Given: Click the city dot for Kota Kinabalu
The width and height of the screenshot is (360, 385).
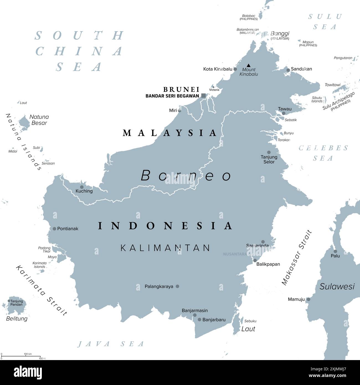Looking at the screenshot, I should coord(235,69).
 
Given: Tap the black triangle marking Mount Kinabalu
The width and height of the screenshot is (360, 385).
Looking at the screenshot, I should coord(249,65).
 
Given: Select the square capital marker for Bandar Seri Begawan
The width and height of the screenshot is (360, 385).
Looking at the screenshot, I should coord(204,96).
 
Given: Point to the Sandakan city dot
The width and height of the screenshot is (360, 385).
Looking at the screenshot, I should coord(288,70).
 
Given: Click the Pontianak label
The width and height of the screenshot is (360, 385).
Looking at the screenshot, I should coord(68,229).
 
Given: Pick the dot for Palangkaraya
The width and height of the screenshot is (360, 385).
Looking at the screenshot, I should coord(178,286).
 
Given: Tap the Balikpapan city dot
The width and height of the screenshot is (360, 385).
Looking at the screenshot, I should coord(255,260).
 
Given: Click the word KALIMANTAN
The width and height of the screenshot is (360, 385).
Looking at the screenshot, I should coord(165,248).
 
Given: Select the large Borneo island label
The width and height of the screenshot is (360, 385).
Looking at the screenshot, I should coord(186,176).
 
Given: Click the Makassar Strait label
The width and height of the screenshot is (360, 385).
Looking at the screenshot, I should coord(297,258).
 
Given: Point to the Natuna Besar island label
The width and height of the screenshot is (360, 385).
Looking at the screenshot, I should coord(39,120).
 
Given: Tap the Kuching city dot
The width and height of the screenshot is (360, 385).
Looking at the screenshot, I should coord(82,187).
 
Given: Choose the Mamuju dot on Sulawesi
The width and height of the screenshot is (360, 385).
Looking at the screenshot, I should coord(308,299).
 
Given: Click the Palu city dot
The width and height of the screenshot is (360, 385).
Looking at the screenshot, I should coord(335,251).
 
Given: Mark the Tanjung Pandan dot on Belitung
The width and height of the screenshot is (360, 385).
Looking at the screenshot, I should coord(9,301).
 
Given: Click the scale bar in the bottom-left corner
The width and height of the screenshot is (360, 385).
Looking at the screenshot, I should coord(21,356).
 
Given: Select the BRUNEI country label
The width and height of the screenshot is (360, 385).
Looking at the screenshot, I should coord(181,89).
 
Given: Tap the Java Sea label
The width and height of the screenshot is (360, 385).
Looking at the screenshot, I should coord(111,344).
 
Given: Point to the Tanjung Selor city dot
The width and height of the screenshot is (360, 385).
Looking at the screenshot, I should coord(269,152).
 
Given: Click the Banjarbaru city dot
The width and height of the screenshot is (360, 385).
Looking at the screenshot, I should coord(199,320).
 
